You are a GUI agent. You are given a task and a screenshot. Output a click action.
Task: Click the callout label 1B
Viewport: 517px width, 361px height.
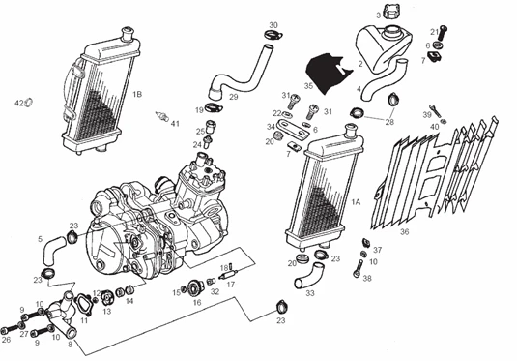[x=137, y=94]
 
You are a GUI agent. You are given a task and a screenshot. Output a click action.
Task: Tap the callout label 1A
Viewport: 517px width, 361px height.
[x=356, y=202]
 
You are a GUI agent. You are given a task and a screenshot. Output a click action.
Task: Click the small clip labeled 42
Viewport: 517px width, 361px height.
[x=28, y=103]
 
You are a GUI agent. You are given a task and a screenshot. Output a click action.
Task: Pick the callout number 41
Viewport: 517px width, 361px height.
[x=175, y=124]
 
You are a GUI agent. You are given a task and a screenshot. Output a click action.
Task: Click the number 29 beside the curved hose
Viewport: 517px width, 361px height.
[x=233, y=97]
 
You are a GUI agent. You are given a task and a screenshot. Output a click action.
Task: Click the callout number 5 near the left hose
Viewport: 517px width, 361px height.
[x=40, y=238]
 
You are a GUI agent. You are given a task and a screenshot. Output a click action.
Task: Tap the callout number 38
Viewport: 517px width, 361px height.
[x=367, y=277]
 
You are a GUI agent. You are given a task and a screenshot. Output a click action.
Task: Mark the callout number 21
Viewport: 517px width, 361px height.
[x=434, y=31]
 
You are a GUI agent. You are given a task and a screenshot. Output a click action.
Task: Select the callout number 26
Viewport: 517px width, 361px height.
[x=7, y=339]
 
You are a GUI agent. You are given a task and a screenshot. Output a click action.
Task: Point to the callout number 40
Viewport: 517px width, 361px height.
[x=435, y=127]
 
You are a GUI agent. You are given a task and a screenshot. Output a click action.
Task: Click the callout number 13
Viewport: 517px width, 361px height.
[x=107, y=312]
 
